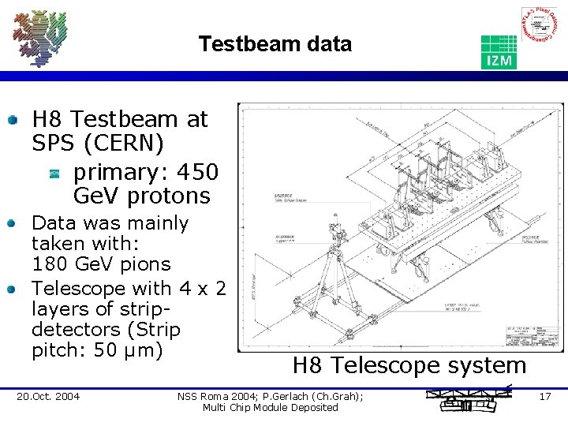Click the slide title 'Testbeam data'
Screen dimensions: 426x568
point(275,44)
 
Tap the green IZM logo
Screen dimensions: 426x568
point(499,51)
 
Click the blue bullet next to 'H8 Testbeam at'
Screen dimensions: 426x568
point(13,121)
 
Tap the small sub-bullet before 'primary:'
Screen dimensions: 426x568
point(54,172)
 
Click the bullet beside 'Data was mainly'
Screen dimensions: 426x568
point(13,224)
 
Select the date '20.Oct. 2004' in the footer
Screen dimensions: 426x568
point(48,396)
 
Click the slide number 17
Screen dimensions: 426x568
point(545,395)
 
